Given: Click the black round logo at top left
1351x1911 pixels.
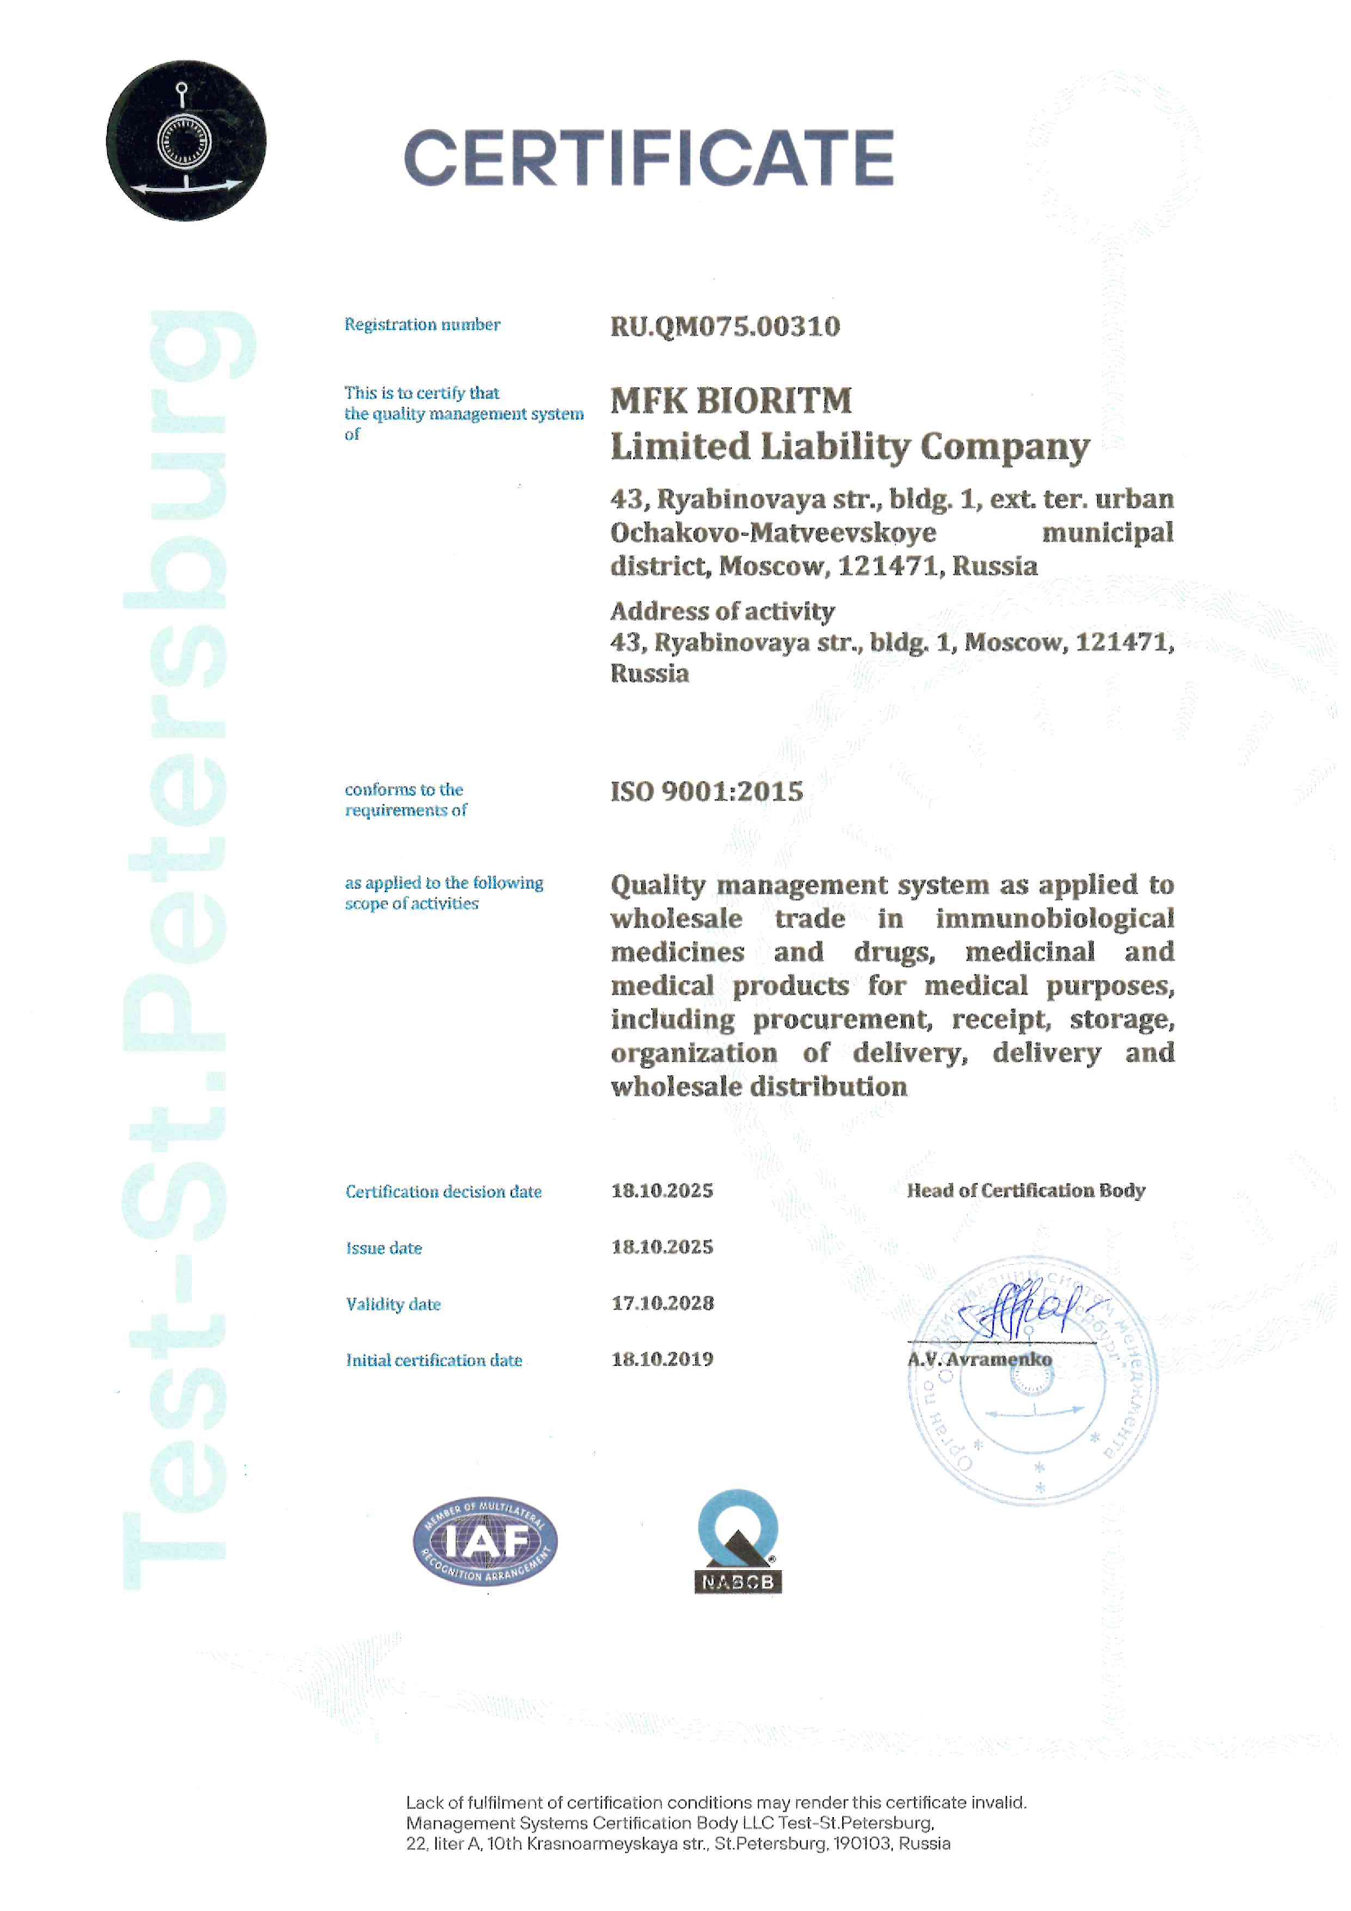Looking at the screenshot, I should coord(186,141).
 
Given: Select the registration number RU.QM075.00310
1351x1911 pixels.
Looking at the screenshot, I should coord(725,326).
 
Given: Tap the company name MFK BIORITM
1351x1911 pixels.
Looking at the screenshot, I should coord(731,400).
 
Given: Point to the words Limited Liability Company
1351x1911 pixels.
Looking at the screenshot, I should coord(849,447).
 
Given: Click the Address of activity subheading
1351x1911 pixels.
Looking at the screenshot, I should coord(722,611).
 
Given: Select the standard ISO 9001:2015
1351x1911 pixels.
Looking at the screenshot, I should coord(707,791).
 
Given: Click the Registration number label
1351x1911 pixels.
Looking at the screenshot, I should coord(421,324).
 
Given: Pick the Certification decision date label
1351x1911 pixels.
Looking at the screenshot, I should coord(444,1191).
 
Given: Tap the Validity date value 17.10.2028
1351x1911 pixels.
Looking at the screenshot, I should coord(662,1302).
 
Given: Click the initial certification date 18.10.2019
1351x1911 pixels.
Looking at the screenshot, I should coord(662,1360).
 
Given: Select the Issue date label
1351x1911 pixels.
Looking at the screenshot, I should coord(384,1248).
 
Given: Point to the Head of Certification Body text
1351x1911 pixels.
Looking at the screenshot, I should coord(1026,1190).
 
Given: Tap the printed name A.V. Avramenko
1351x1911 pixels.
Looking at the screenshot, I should coord(979,1360).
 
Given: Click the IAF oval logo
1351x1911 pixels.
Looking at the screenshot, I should coord(485,1542).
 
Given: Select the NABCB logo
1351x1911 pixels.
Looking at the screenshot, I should coord(738,1542).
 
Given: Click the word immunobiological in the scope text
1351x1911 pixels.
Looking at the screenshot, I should coord(1054,918).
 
